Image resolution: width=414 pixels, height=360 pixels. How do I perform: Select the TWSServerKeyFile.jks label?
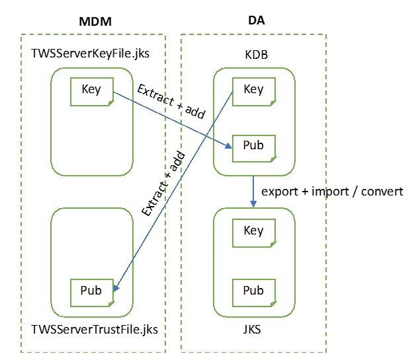point(90,52)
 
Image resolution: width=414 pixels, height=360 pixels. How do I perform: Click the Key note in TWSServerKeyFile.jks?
point(91,90)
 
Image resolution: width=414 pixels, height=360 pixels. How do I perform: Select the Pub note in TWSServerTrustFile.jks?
point(91,291)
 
